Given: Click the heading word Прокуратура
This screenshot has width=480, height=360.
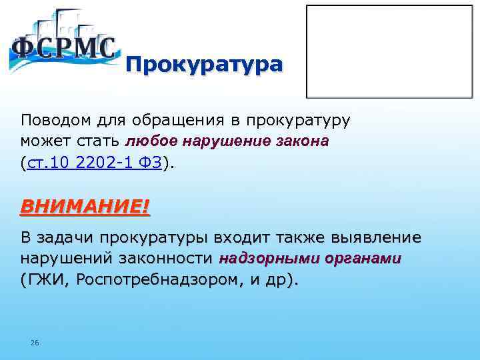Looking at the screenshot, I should (x=204, y=65).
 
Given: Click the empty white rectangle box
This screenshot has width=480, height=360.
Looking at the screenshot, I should (x=389, y=51).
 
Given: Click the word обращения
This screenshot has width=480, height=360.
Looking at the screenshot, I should (x=166, y=121).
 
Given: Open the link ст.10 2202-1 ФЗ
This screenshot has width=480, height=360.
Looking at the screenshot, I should (x=93, y=163).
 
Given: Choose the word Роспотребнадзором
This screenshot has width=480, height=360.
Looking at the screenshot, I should (x=159, y=279).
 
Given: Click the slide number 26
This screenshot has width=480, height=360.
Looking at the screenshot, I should (x=35, y=343).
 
